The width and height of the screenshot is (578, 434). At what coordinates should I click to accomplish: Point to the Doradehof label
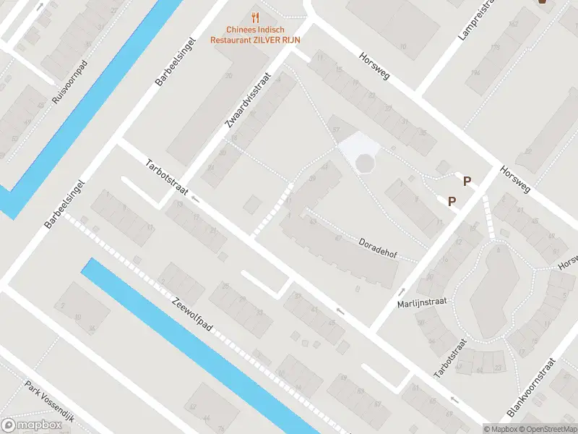click(x=378, y=250)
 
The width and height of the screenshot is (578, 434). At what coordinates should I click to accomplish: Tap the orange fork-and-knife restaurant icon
click(x=254, y=17)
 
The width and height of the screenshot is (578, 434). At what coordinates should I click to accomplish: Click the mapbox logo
click(x=32, y=425)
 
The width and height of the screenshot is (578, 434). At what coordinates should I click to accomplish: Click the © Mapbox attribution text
click(x=500, y=429)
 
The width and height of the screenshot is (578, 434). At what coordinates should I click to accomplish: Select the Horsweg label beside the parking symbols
click(x=514, y=177)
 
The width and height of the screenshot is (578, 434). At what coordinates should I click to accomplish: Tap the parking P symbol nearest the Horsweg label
click(x=467, y=182)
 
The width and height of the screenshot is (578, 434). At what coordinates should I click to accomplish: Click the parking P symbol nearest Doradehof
click(x=452, y=202)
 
